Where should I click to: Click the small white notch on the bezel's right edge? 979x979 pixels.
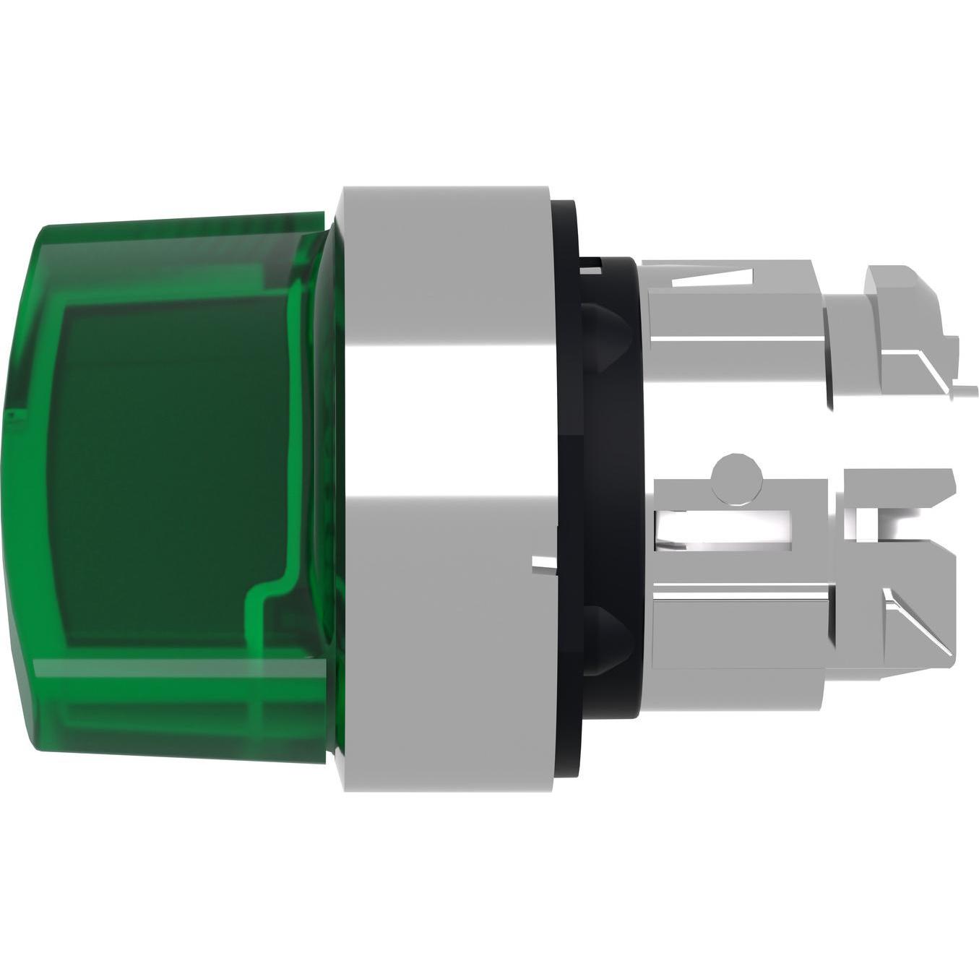tap(543, 563)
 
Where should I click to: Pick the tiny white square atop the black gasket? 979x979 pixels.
tap(590, 269)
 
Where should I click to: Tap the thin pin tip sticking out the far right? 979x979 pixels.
tap(965, 392)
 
